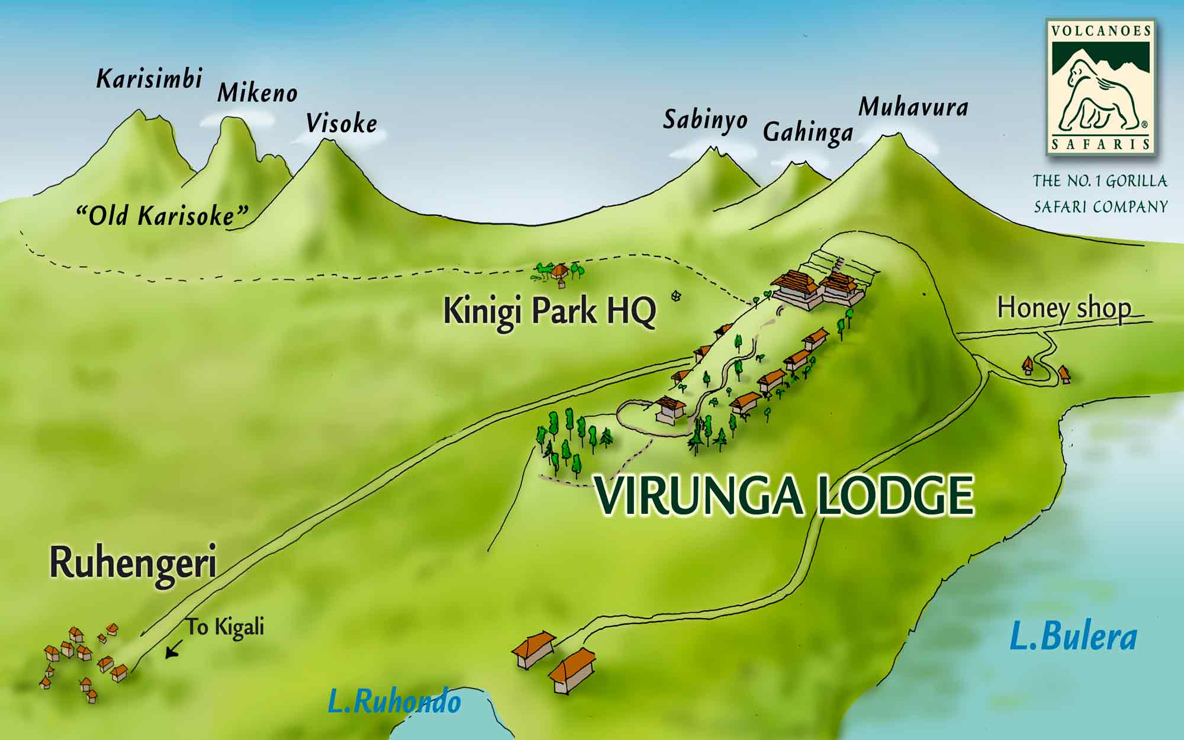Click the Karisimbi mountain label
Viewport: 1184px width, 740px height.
pyautogui.click(x=149, y=79)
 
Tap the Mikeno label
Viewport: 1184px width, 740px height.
pyautogui.click(x=257, y=93)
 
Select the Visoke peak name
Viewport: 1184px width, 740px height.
pyautogui.click(x=342, y=124)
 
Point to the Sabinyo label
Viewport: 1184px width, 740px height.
pyautogui.click(x=704, y=120)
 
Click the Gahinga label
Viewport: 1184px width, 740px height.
pyautogui.click(x=807, y=132)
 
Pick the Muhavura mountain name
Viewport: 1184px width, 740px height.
pyautogui.click(x=913, y=107)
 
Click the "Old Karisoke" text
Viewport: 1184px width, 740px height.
pyautogui.click(x=162, y=216)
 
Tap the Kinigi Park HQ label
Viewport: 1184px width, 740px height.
pyautogui.click(x=549, y=311)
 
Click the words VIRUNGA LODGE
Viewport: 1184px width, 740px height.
pyautogui.click(x=784, y=496)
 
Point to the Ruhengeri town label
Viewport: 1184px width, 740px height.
pyautogui.click(x=133, y=563)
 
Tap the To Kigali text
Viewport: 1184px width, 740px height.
pyautogui.click(x=226, y=627)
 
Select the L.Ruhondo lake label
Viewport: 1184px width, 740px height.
pyautogui.click(x=394, y=703)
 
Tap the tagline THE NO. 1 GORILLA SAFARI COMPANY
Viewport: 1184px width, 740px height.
pyautogui.click(x=1100, y=194)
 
